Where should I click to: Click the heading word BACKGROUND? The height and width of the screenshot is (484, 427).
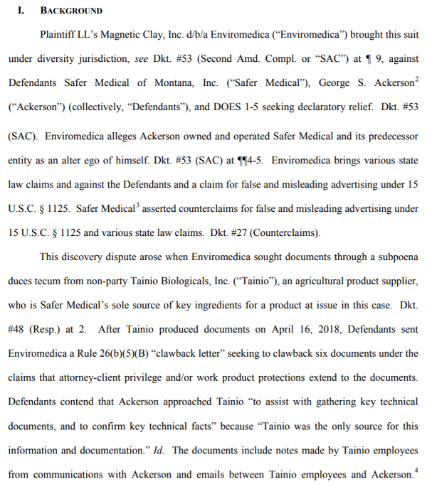(x=71, y=11)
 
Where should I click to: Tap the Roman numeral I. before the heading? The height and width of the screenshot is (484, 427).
(x=22, y=11)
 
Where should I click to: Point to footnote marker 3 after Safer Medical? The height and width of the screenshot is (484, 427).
(x=137, y=205)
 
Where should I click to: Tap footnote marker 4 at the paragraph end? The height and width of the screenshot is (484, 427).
(x=416, y=470)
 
